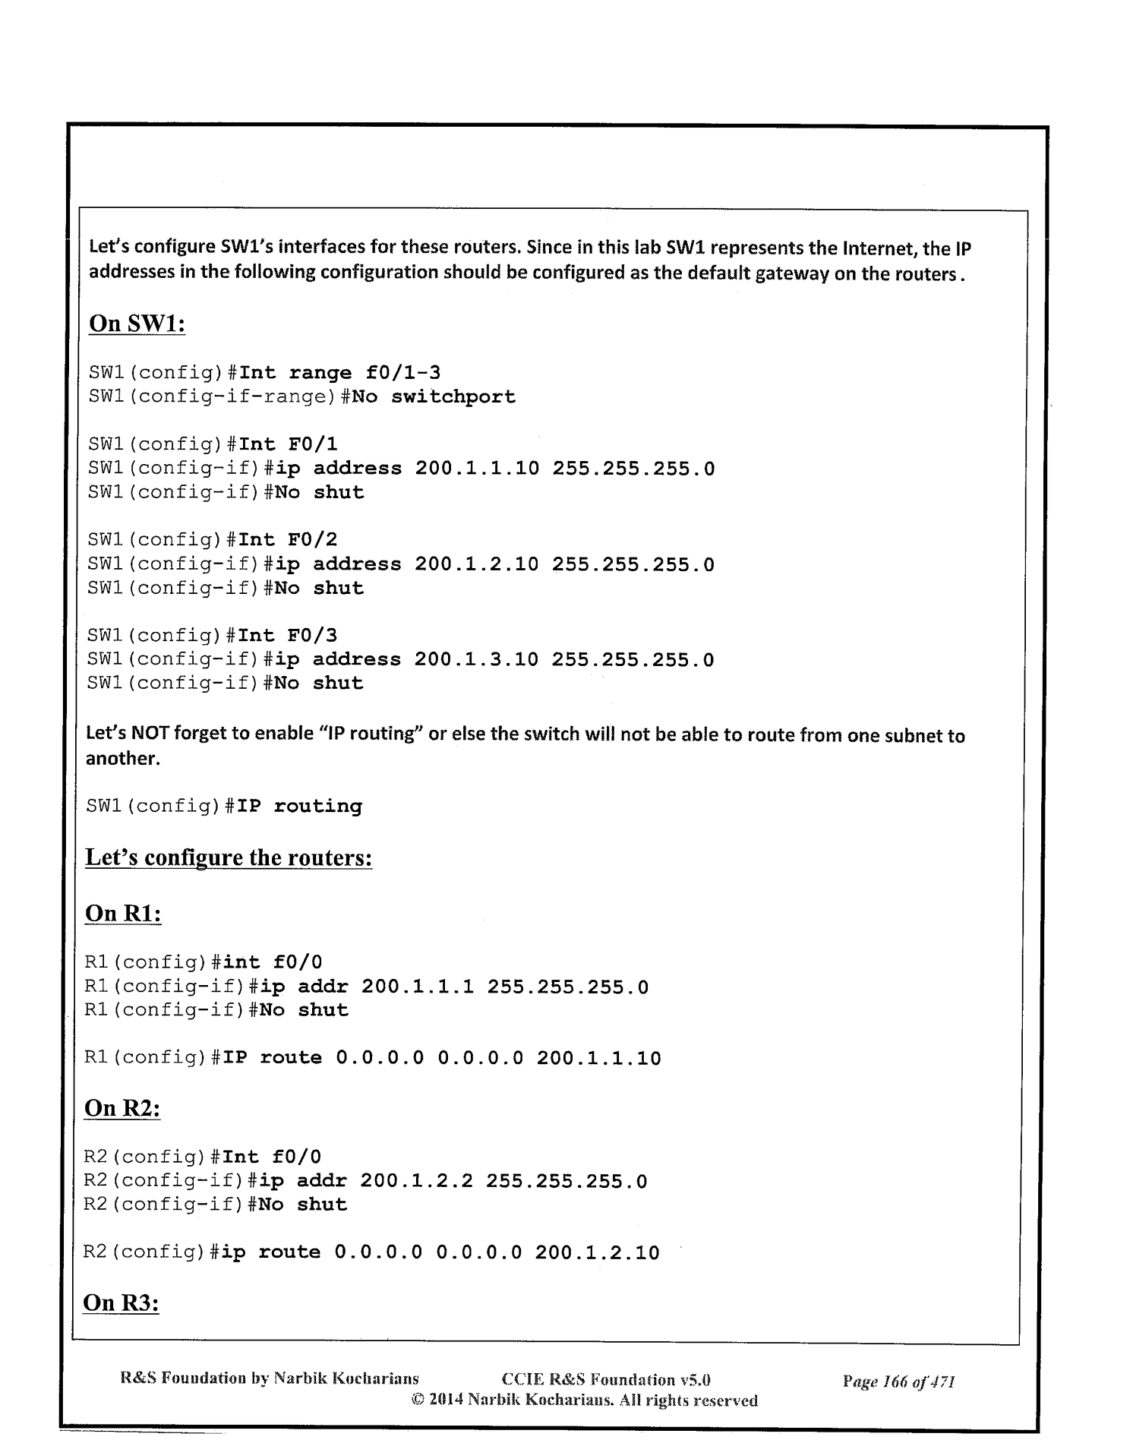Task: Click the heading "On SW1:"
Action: [x=137, y=324]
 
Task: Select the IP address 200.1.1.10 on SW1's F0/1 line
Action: [x=477, y=468]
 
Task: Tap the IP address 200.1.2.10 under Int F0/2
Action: [x=477, y=564]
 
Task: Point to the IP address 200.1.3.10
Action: [x=476, y=659]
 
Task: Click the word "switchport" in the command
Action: [x=453, y=396]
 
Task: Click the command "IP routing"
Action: [x=300, y=806]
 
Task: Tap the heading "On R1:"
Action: [x=123, y=913]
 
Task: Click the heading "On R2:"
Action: [x=122, y=1108]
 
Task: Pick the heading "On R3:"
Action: [x=122, y=1303]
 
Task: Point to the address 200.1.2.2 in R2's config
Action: [x=416, y=1182]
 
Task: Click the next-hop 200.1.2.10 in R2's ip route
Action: [x=597, y=1252]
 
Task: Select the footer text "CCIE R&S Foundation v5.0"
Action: [x=606, y=1379]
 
